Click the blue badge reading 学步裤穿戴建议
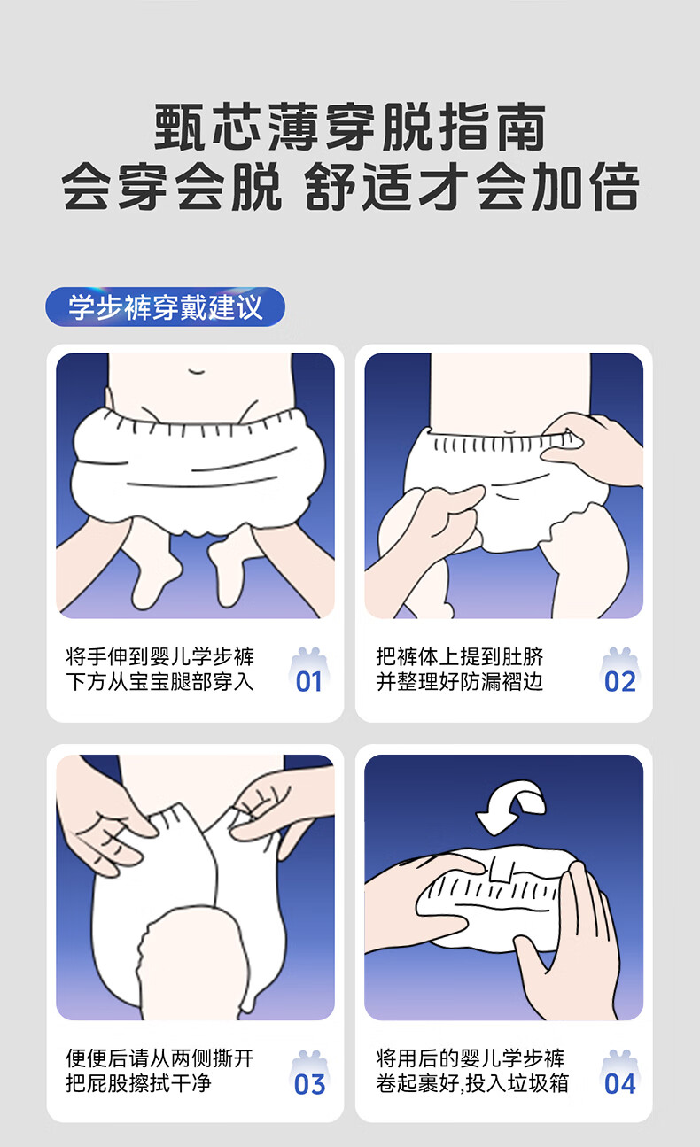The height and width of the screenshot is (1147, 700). [x=165, y=306]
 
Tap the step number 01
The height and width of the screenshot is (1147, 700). [x=309, y=682]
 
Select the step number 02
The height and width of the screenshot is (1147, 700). [x=620, y=682]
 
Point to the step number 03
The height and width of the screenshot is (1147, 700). [x=309, y=1084]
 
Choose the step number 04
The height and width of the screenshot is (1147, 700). [x=620, y=1084]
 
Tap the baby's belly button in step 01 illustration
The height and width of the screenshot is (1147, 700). [x=197, y=371]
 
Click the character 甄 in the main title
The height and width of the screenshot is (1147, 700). [x=179, y=127]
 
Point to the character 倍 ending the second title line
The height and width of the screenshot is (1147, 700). [x=614, y=187]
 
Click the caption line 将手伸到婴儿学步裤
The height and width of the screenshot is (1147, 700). [x=159, y=656]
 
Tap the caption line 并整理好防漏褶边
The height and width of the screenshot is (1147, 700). [x=459, y=682]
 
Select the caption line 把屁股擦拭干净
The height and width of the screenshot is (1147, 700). [x=138, y=1083]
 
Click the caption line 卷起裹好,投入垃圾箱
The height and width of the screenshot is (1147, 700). [x=472, y=1083]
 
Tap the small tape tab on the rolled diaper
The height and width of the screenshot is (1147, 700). [x=500, y=870]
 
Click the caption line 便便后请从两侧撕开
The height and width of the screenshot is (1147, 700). [x=159, y=1058]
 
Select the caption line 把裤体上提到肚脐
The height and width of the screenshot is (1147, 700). [x=459, y=656]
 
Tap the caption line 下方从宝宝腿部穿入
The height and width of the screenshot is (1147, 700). [x=159, y=682]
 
